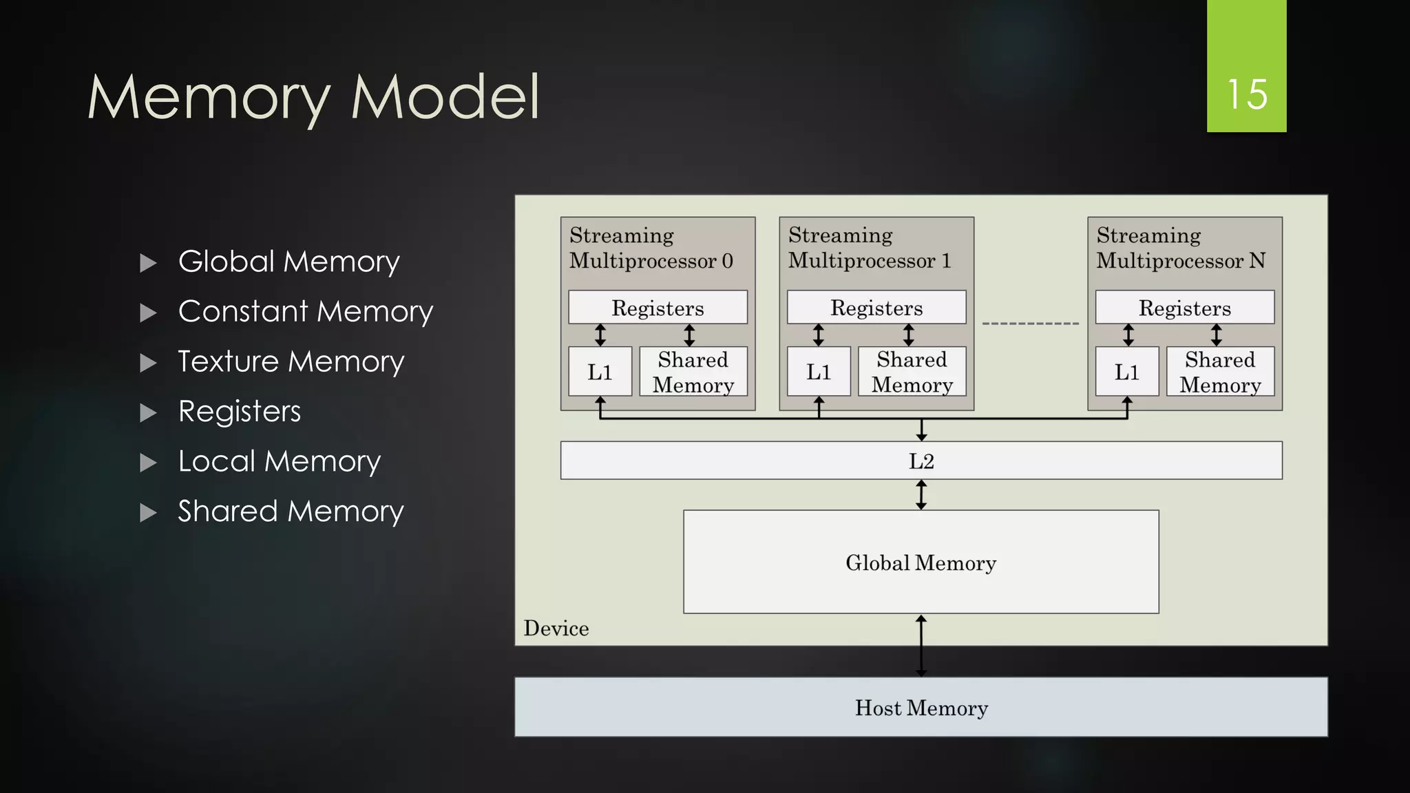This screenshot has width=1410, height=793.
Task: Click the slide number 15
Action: click(1246, 94)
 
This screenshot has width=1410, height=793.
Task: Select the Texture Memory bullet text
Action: click(291, 361)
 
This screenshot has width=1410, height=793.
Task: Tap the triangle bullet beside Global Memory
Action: click(148, 263)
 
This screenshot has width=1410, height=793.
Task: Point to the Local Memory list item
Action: click(279, 461)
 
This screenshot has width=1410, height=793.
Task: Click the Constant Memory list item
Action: click(305, 311)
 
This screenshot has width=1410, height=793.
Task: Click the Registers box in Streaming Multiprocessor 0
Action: click(657, 307)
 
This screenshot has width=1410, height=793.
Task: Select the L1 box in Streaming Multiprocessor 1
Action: click(819, 372)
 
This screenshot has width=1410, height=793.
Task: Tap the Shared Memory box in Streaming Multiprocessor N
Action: click(1220, 372)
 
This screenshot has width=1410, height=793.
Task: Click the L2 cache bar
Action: click(921, 461)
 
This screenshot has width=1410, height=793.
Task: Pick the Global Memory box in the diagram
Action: click(921, 562)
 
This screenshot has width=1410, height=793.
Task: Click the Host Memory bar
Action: click(921, 707)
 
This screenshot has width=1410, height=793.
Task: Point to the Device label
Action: click(556, 628)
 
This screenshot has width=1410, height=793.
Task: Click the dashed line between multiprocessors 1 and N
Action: click(1030, 323)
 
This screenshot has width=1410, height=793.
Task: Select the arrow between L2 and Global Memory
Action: click(921, 494)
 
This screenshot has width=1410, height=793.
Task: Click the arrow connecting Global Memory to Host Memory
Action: click(921, 646)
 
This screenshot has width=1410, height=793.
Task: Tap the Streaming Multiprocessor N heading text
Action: click(1181, 248)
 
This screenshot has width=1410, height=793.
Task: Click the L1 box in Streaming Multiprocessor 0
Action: click(600, 372)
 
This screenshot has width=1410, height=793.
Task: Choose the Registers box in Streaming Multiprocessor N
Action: click(1184, 307)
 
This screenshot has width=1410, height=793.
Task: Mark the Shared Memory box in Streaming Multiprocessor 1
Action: click(912, 372)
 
